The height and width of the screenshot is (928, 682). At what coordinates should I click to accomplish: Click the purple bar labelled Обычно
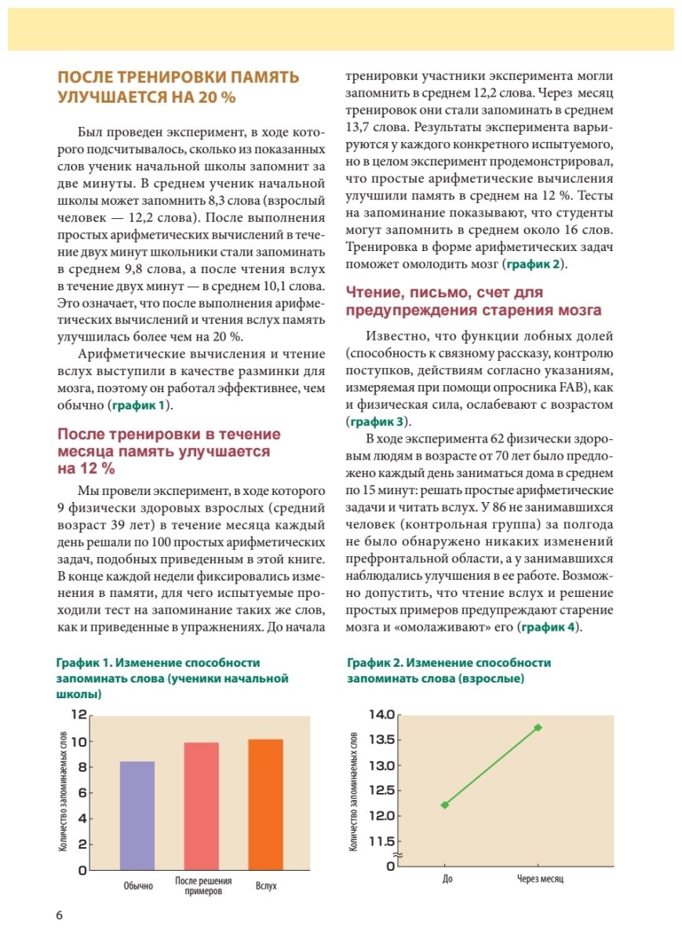[137, 815]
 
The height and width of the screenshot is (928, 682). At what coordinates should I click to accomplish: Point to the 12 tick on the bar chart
[78, 715]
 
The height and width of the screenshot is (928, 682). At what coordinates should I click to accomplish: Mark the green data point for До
[446, 805]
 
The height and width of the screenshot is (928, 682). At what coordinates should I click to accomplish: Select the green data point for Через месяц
[538, 727]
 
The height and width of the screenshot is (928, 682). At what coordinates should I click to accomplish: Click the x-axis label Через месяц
[540, 879]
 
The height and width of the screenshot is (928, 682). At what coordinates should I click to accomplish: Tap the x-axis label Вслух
[266, 886]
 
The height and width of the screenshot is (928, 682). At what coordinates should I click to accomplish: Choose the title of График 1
[173, 679]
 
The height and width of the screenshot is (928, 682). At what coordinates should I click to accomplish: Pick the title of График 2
[449, 671]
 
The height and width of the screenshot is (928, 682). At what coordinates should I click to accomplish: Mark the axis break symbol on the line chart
[397, 855]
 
